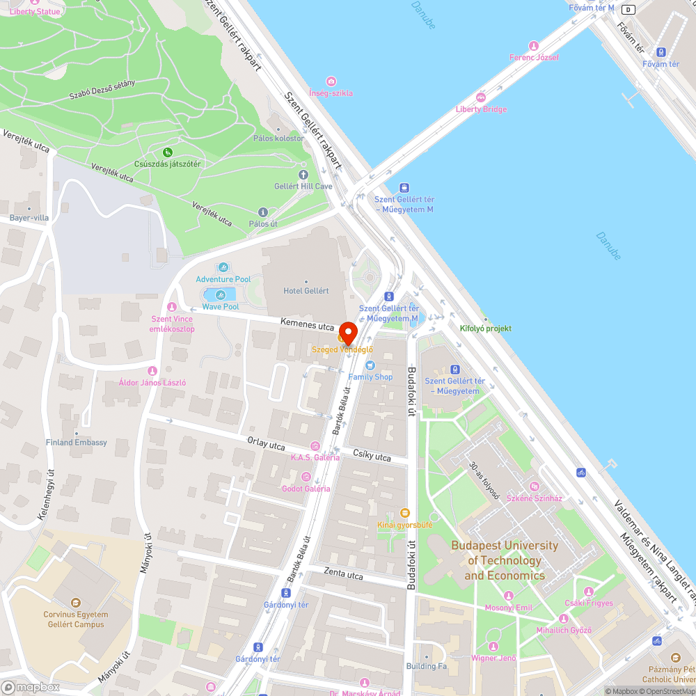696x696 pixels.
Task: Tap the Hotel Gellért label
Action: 306,291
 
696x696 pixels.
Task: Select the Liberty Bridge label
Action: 481,109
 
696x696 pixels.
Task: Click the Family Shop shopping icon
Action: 370,365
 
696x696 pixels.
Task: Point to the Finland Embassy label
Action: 77,443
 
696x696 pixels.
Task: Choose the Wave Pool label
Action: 221,307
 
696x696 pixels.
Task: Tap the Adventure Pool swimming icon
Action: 223,267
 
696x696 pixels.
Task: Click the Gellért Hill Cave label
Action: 303,187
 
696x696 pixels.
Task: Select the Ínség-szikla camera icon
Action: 331,81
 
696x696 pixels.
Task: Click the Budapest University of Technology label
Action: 505,560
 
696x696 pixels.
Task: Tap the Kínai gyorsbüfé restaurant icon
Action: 405,513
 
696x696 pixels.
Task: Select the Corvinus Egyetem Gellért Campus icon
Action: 76,603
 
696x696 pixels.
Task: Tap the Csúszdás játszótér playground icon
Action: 167,152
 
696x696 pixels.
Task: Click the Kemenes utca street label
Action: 308,324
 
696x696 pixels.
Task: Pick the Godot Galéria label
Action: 306,489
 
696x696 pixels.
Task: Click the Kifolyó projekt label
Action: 486,329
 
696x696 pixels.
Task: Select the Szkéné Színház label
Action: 535,498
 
